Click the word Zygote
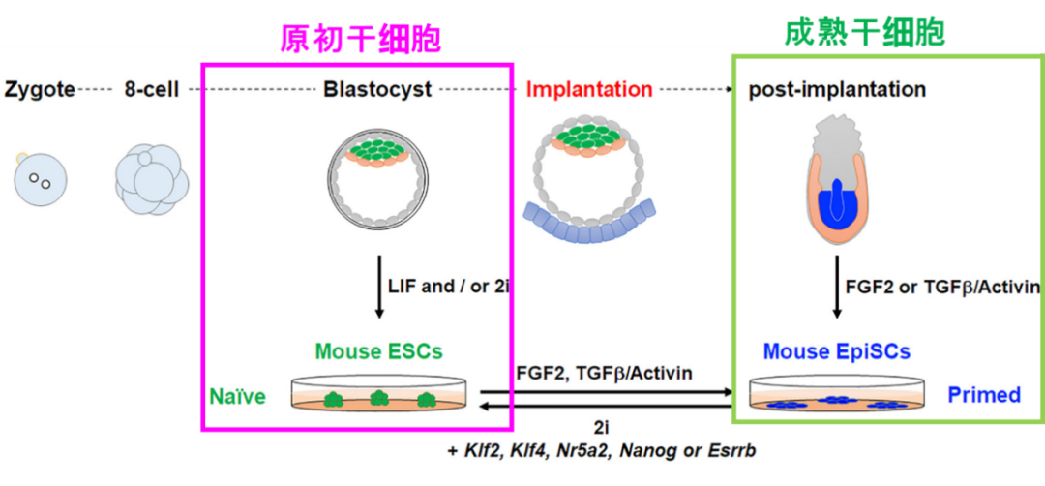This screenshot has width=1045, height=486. (x=40, y=90)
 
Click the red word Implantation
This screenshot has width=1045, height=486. (x=589, y=90)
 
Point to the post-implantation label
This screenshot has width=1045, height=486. (x=837, y=90)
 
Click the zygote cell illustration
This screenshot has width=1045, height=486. (x=39, y=178)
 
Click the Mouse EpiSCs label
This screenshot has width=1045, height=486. (x=837, y=351)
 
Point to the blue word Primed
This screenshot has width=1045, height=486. (x=984, y=395)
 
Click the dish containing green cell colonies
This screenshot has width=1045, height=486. (x=378, y=397)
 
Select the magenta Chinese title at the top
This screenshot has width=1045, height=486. (x=360, y=37)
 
